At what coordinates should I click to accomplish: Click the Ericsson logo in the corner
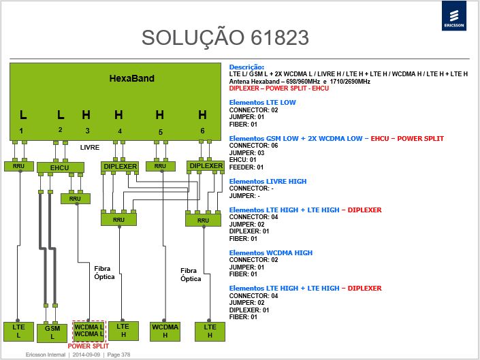(454, 16)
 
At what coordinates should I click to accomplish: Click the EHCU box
(61, 167)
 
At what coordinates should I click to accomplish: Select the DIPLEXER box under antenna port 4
(120, 167)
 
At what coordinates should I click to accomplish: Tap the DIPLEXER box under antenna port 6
(206, 166)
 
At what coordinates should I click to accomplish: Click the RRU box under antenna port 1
(19, 166)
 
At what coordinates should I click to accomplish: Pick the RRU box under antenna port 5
(161, 166)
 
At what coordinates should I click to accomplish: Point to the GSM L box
(52, 333)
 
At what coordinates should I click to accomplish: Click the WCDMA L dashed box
(89, 331)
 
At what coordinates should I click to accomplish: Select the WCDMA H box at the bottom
(165, 331)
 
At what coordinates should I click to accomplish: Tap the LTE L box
(18, 331)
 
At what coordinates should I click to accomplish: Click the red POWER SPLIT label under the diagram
(88, 346)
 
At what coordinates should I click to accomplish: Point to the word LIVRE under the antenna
(90, 148)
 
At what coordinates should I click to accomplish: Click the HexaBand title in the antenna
(131, 78)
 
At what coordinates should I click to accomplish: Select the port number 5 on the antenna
(161, 132)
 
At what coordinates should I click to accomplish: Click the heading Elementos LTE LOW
(262, 103)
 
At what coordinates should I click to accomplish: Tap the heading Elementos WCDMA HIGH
(270, 253)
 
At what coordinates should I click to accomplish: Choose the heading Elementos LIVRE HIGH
(268, 182)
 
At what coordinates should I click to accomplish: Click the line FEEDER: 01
(246, 167)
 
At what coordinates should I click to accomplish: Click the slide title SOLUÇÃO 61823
(225, 37)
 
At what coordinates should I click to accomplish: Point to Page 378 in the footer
(118, 355)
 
